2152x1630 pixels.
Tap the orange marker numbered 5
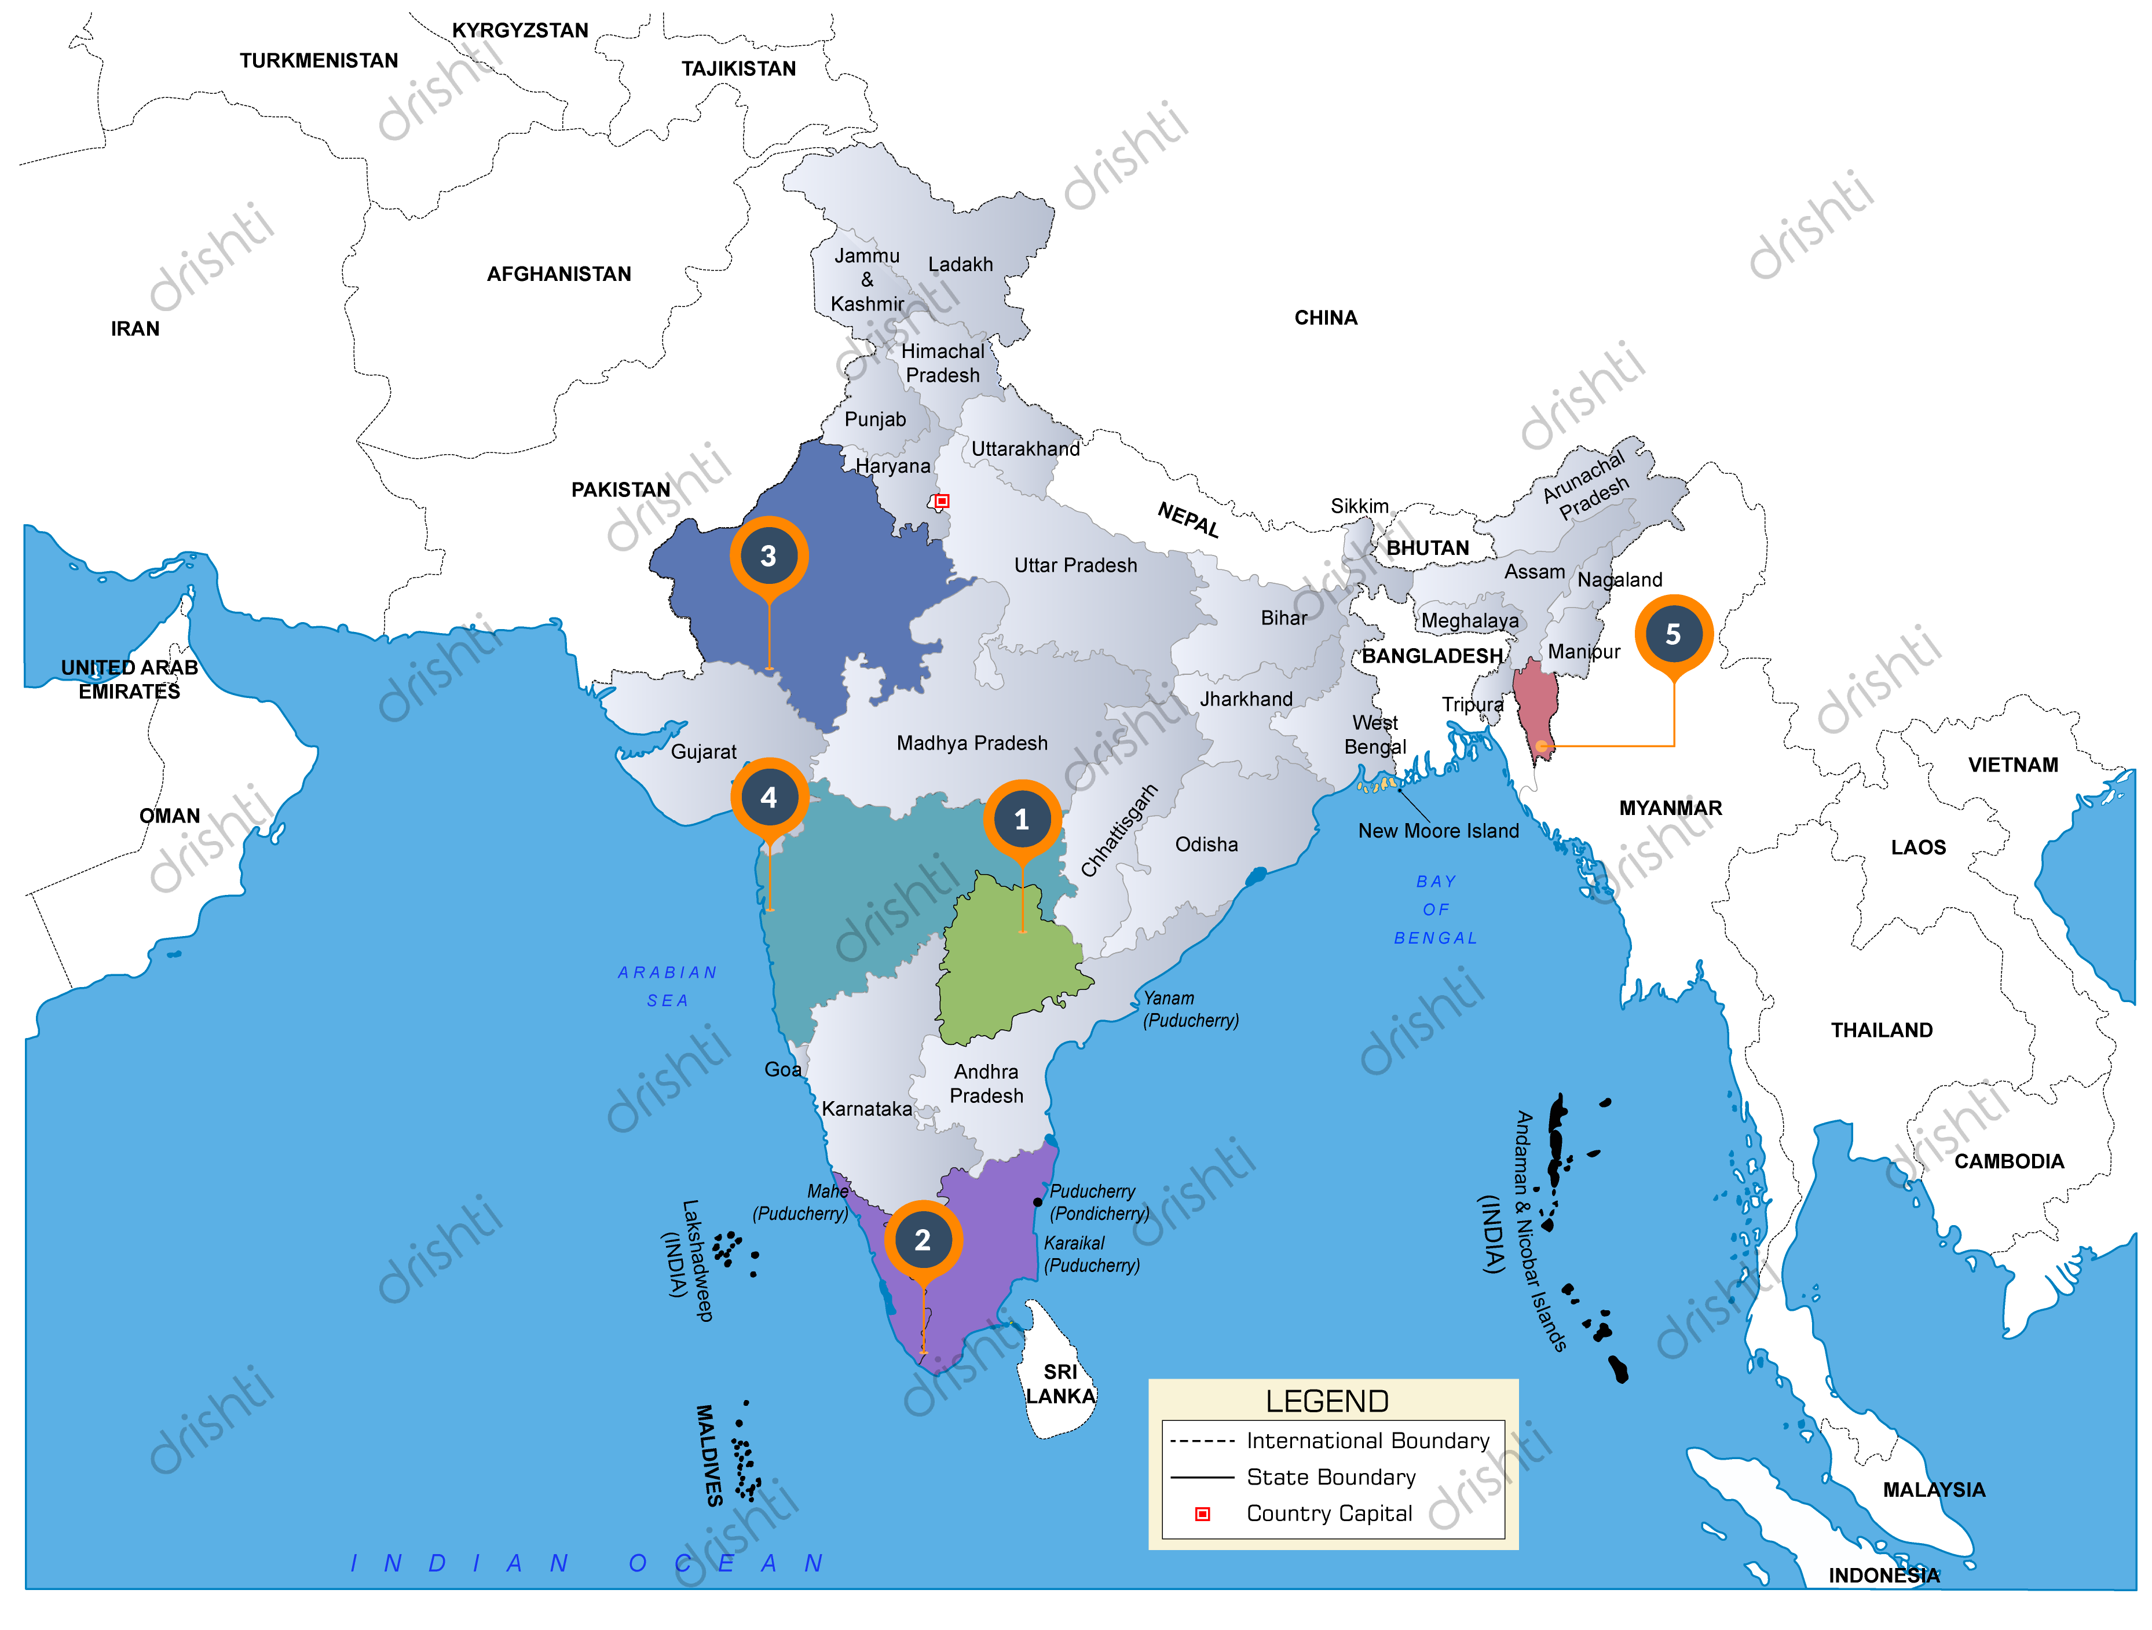(1672, 634)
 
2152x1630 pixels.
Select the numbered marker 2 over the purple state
(923, 1240)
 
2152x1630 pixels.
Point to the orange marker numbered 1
(1022, 820)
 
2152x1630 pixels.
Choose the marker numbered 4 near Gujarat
(768, 798)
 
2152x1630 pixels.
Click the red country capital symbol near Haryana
(940, 501)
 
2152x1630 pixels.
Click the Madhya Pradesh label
(971, 744)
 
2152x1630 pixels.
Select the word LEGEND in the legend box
(1326, 1401)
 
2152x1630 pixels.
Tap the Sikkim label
(1359, 506)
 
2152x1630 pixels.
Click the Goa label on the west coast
(782, 1069)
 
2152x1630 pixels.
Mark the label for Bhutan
(1427, 548)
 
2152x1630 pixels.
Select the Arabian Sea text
(667, 986)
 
